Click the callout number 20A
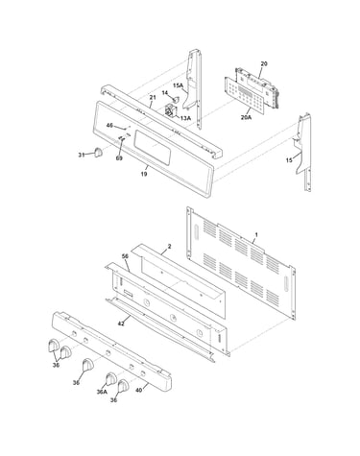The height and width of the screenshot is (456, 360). click(x=246, y=117)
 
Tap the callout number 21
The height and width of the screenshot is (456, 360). click(x=153, y=97)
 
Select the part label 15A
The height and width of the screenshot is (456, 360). click(x=178, y=85)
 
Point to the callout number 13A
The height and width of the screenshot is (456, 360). click(x=185, y=118)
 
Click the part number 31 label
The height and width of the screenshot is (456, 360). click(x=82, y=155)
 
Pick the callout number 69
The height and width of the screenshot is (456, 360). click(x=119, y=158)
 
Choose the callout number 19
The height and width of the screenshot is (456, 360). click(x=144, y=174)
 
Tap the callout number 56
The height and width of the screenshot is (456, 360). click(x=125, y=256)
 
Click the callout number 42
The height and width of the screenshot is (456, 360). click(x=121, y=324)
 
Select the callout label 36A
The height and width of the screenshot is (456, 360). click(x=102, y=392)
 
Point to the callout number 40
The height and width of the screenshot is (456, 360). click(x=139, y=390)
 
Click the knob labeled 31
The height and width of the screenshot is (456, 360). click(x=99, y=152)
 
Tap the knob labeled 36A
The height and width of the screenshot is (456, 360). click(x=110, y=378)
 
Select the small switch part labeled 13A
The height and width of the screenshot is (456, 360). click(x=171, y=111)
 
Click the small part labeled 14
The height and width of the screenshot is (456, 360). click(x=175, y=100)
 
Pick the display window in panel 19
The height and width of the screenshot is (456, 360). click(x=152, y=148)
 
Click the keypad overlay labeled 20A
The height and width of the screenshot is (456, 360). click(x=245, y=96)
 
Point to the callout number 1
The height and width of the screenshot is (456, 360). click(x=256, y=235)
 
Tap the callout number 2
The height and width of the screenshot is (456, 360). click(x=169, y=247)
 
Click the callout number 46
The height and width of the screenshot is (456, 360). click(x=109, y=126)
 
